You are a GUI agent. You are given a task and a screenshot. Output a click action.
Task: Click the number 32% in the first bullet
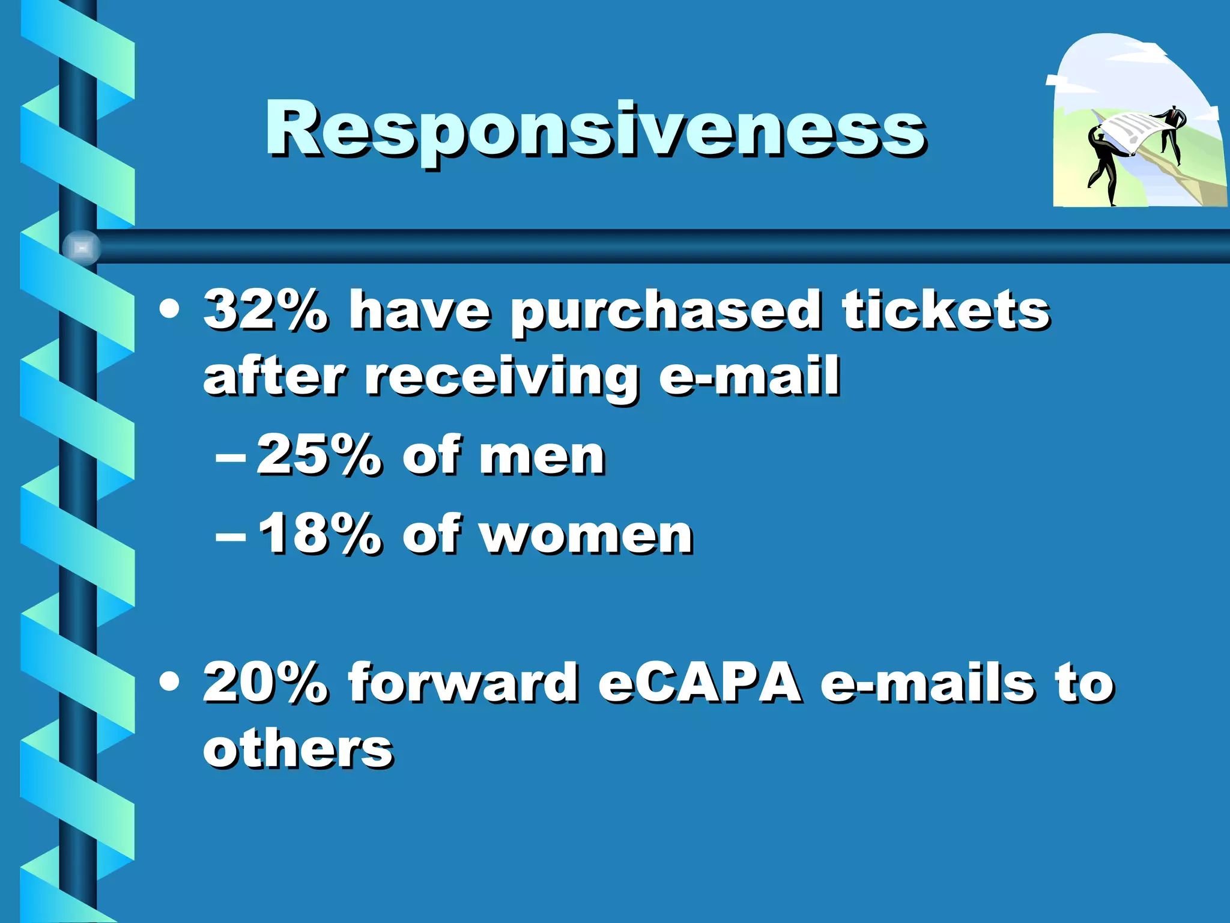click(x=265, y=311)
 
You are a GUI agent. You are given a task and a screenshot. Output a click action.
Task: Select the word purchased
click(x=665, y=314)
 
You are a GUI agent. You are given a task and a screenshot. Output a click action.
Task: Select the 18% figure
click(x=320, y=534)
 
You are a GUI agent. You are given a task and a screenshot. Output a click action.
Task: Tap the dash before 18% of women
click(x=231, y=535)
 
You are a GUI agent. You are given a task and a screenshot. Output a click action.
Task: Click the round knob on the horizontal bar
click(x=82, y=248)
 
